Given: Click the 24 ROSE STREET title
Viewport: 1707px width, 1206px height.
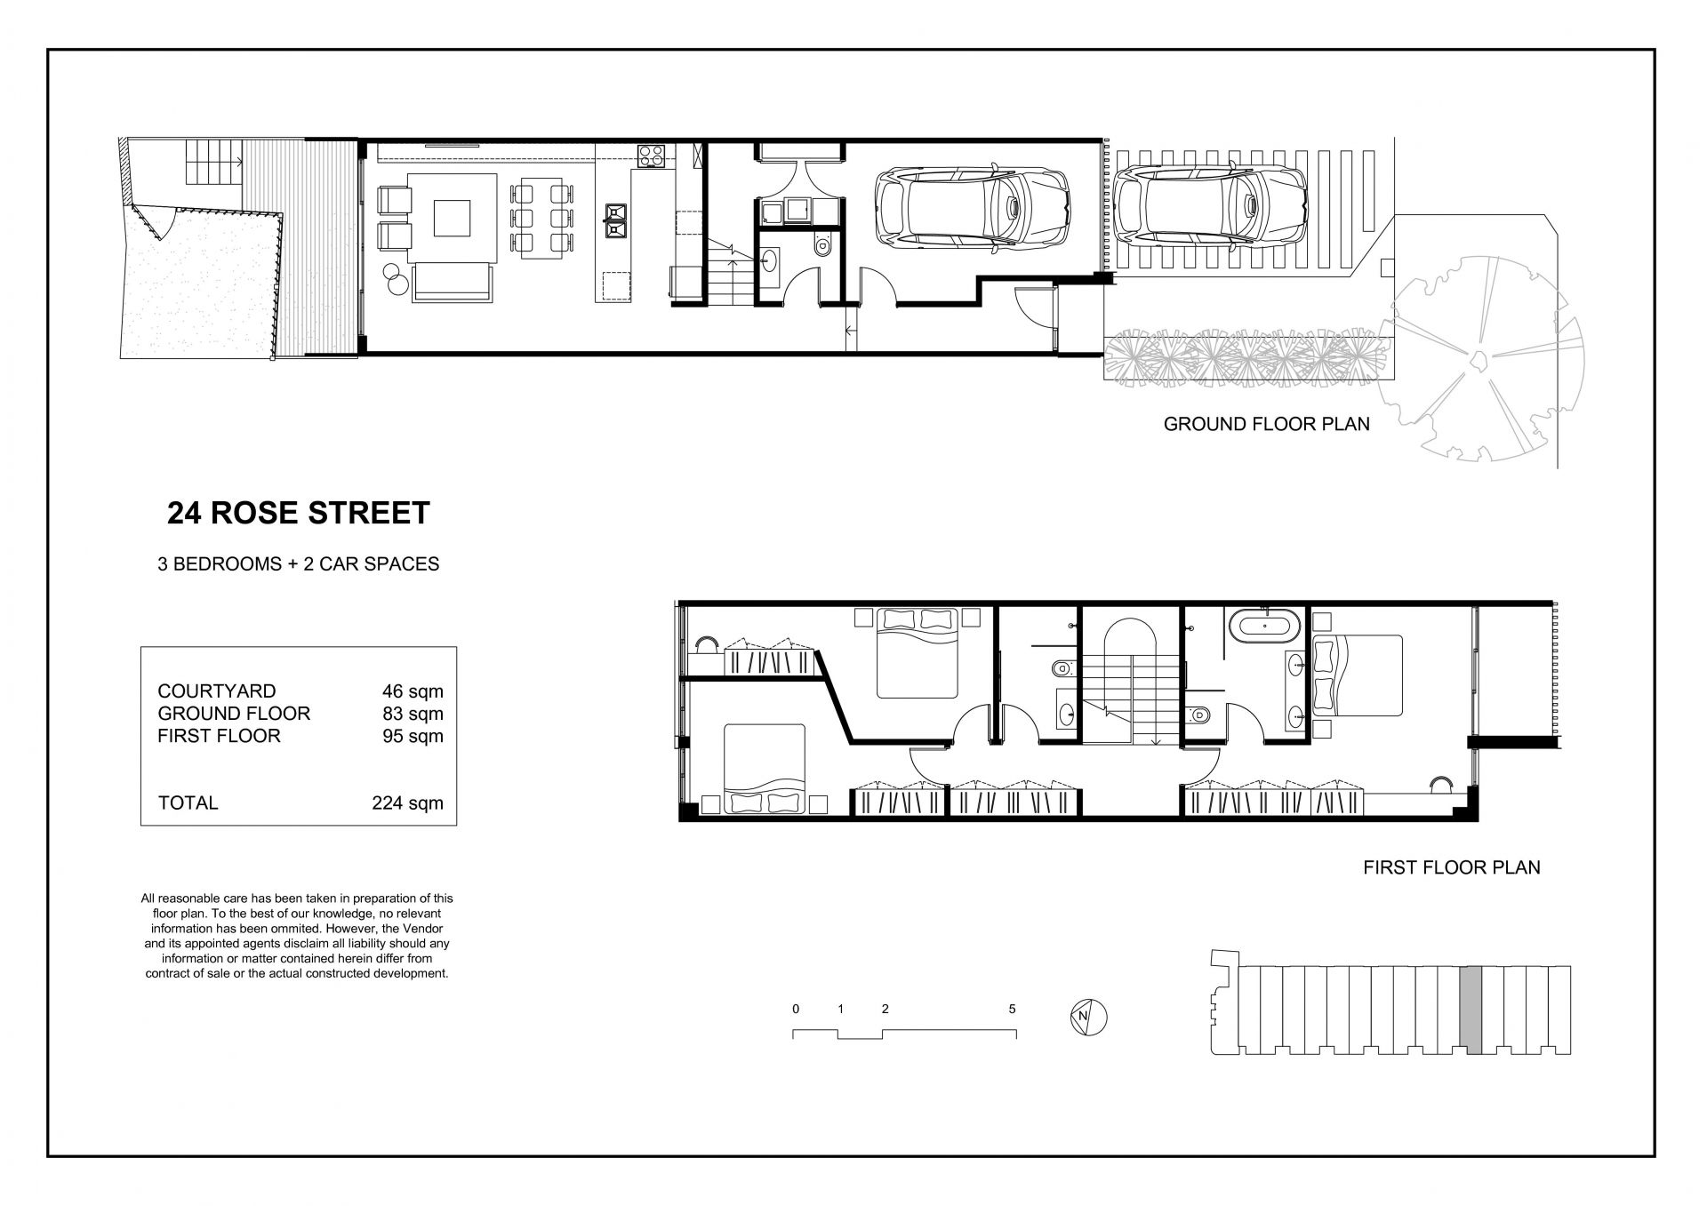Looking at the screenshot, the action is (298, 513).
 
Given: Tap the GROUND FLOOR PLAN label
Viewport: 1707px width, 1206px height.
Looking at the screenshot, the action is (1266, 424).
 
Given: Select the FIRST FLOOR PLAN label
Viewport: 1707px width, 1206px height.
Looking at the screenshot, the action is (1451, 867).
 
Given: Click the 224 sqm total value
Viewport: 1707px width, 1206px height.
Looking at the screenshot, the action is (407, 803).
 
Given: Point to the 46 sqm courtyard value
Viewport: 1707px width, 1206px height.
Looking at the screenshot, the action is (413, 691).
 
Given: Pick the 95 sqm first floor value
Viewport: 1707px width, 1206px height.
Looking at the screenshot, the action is (413, 736).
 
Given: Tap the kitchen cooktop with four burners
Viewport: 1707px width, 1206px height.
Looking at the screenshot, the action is (651, 156).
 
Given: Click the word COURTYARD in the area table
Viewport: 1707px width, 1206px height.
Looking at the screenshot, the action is (217, 691).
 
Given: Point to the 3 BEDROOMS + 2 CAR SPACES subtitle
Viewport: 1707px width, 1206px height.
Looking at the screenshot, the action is (299, 564).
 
